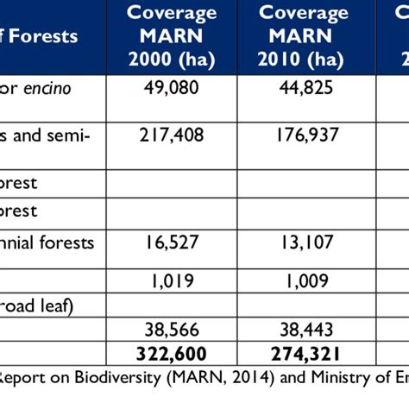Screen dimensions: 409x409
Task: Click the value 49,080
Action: (171, 89)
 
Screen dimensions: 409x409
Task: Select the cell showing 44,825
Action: (304, 89)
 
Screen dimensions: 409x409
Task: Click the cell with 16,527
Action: (171, 242)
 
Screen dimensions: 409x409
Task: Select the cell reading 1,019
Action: (171, 280)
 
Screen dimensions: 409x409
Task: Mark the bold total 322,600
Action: (171, 353)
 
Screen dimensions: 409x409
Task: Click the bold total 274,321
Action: (304, 353)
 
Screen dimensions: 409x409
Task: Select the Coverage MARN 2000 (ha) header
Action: (171, 37)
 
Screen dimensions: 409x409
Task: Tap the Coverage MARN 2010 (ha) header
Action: (304, 37)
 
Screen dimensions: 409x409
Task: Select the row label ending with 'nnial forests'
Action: (47, 242)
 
